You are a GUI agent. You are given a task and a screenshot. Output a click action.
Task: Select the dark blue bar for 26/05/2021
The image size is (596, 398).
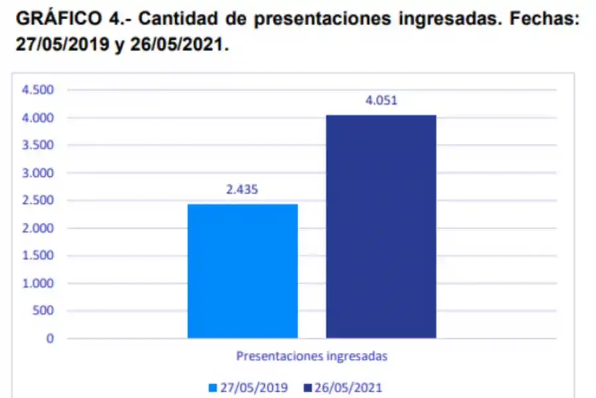pyautogui.click(x=381, y=226)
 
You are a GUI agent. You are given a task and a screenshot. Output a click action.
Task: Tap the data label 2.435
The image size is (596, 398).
pyautogui.click(x=242, y=190)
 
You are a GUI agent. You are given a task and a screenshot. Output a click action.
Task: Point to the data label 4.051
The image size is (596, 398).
pyautogui.click(x=381, y=101)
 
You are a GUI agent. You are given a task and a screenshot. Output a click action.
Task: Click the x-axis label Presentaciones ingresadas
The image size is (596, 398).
pyautogui.click(x=311, y=356)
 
